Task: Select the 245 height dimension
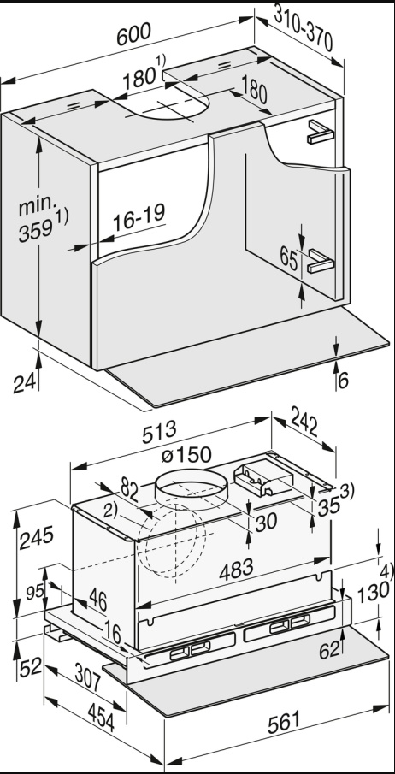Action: (x=35, y=536)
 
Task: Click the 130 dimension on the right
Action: (x=368, y=592)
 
